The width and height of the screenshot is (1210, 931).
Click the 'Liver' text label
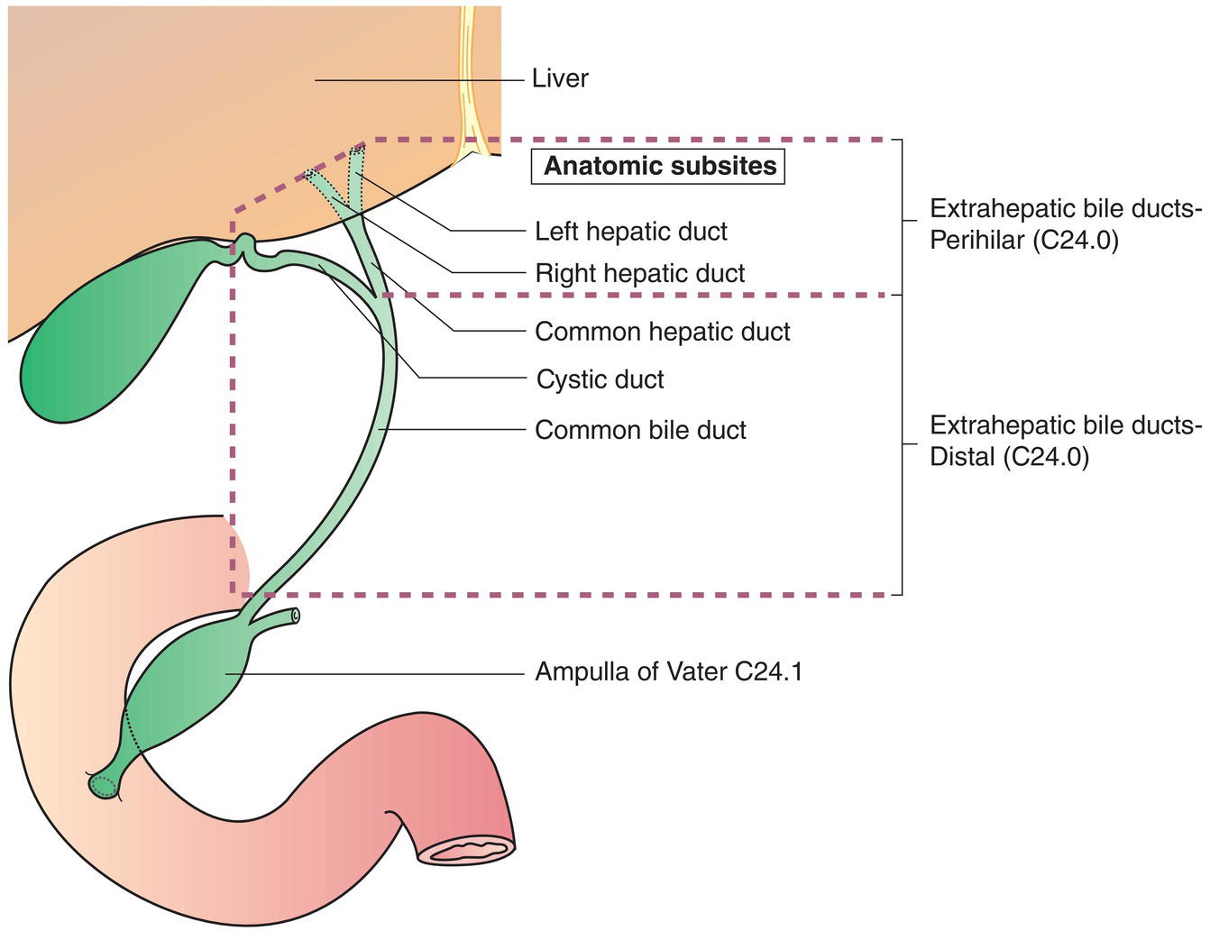(x=559, y=79)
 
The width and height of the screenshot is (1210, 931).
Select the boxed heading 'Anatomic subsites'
(x=659, y=167)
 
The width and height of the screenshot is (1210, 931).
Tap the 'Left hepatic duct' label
(x=630, y=232)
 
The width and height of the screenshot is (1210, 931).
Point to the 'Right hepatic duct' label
(x=639, y=274)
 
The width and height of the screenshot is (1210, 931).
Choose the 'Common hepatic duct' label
(x=662, y=332)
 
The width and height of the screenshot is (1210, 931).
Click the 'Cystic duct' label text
(x=600, y=379)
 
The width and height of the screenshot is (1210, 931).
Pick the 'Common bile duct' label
(x=640, y=430)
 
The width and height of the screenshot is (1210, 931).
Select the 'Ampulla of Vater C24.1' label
(x=668, y=672)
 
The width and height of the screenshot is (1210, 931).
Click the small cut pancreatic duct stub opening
(x=294, y=616)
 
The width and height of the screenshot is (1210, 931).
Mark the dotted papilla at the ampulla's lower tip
(x=104, y=785)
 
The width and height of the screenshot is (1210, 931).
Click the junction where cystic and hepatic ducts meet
(x=377, y=296)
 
